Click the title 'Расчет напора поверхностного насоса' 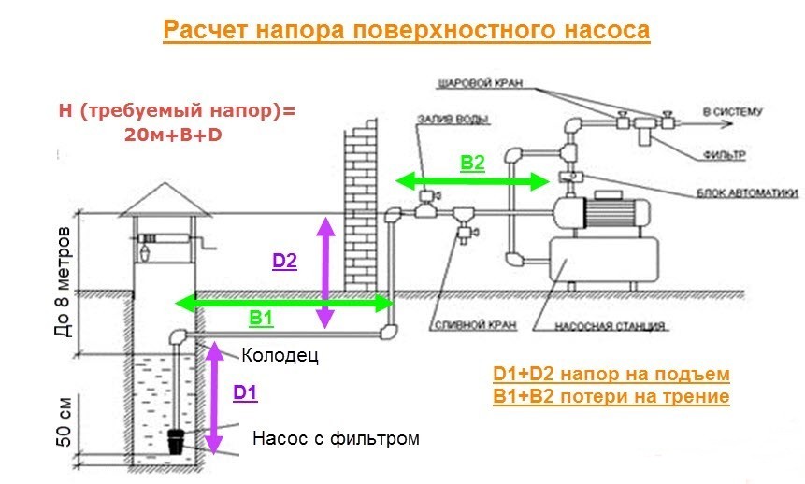click(405, 30)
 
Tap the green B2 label click(472, 163)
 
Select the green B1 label click(261, 318)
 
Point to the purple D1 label click(244, 393)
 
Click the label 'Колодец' click(280, 356)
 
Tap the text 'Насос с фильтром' click(336, 437)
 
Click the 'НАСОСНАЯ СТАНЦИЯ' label click(609, 328)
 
